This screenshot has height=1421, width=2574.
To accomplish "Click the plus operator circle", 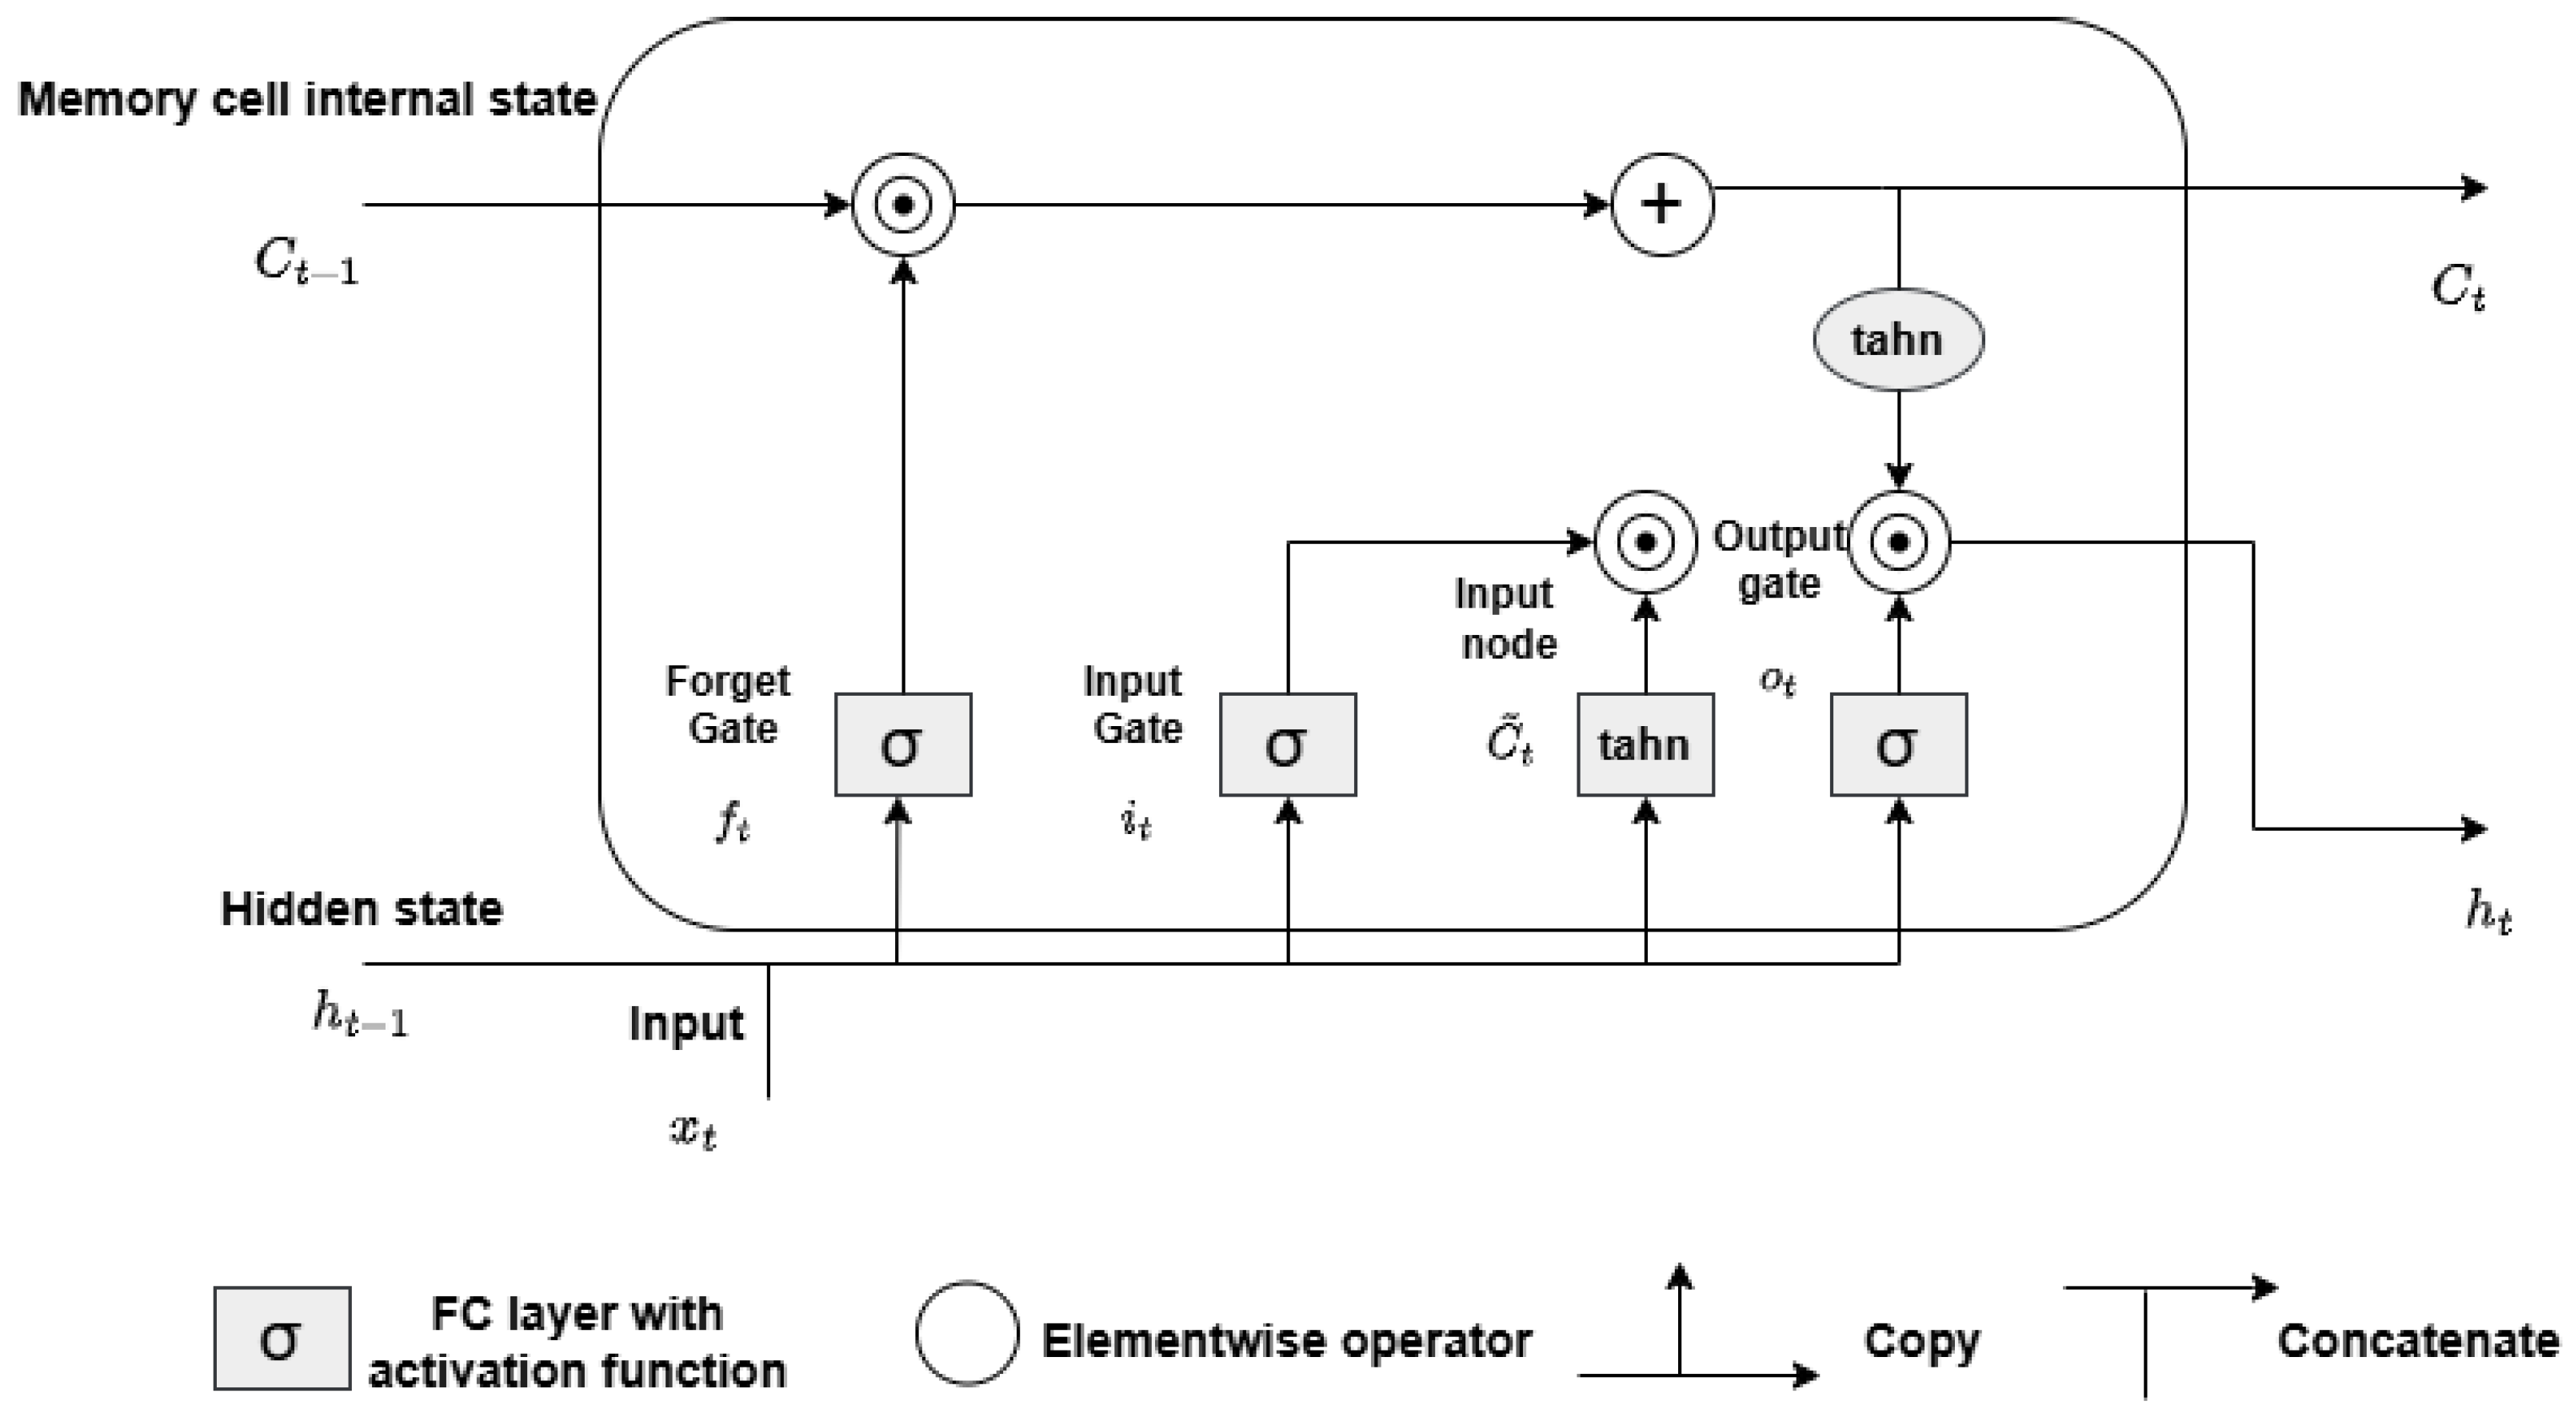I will [x=1661, y=205].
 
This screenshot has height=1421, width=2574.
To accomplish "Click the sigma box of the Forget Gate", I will [x=902, y=744].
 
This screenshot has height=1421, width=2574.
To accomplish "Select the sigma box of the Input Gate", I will [x=1287, y=744].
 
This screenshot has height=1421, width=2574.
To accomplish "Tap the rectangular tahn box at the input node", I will [x=1645, y=744].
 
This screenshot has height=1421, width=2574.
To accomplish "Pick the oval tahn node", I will [x=1897, y=340].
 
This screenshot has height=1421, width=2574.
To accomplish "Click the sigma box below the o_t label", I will [x=1897, y=744].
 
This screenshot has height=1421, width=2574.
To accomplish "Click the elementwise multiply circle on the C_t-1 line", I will [x=902, y=205].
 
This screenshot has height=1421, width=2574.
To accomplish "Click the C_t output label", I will [x=2457, y=288].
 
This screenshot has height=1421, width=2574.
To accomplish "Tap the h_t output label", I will [x=2487, y=912].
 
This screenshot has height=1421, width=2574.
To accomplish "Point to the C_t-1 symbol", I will [x=306, y=263].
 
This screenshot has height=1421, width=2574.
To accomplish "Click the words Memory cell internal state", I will [x=307, y=100].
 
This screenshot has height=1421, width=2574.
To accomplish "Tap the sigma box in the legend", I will [x=282, y=1338].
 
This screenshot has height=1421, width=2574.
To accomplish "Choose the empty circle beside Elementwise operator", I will [x=966, y=1333].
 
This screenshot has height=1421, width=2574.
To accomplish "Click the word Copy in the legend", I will [x=1921, y=1341].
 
